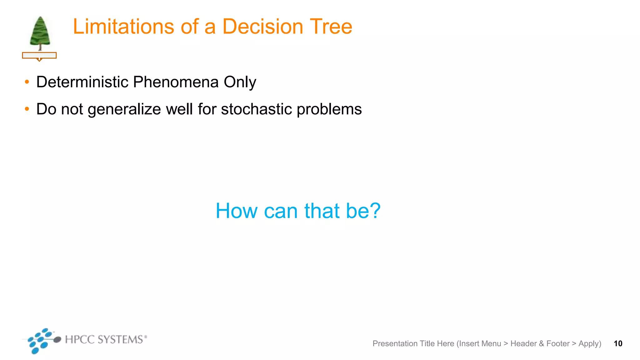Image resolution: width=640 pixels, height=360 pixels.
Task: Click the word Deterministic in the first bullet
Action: click(x=82, y=82)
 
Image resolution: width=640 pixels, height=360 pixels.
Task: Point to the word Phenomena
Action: click(x=176, y=82)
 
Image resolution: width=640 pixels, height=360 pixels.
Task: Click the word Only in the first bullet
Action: click(x=240, y=82)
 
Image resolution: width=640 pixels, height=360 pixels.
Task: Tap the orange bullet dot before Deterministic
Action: click(x=27, y=82)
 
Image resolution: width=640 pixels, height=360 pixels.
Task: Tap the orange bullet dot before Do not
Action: click(x=27, y=109)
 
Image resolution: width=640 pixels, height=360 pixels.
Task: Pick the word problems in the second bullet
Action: click(x=329, y=110)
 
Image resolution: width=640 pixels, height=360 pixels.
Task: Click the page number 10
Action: click(x=618, y=343)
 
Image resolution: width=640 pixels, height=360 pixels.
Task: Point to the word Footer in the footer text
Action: click(x=558, y=343)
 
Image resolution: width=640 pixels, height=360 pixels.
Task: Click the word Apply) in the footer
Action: click(x=590, y=344)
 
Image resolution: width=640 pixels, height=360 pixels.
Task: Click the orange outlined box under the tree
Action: click(x=39, y=56)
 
